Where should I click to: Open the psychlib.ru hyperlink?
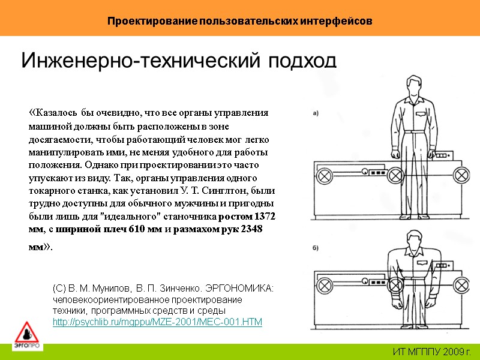[x=158, y=322]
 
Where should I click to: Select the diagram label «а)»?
[x=316, y=112]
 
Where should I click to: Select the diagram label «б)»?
[x=316, y=247]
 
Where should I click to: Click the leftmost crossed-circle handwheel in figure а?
[x=325, y=176]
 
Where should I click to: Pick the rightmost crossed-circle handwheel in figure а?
[x=461, y=176]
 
